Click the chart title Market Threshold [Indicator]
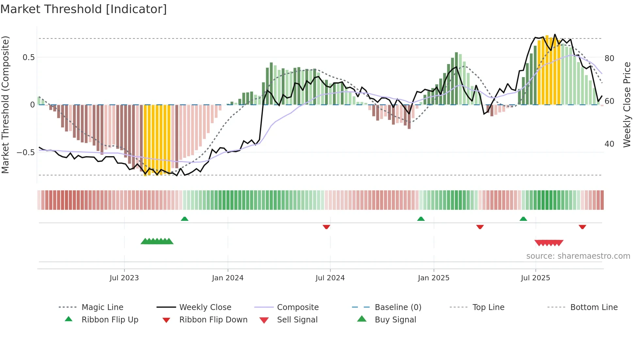click(x=84, y=9)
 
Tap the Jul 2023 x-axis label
click(x=124, y=278)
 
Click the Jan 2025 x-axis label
click(x=433, y=278)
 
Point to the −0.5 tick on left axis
click(x=26, y=153)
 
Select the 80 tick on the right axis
click(x=609, y=58)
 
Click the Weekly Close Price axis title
click(x=627, y=105)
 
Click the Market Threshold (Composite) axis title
click(x=5, y=105)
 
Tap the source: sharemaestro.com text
click(x=578, y=256)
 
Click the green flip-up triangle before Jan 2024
click(x=184, y=219)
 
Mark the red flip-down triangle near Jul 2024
click(x=326, y=227)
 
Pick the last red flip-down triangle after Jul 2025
click(x=582, y=227)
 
